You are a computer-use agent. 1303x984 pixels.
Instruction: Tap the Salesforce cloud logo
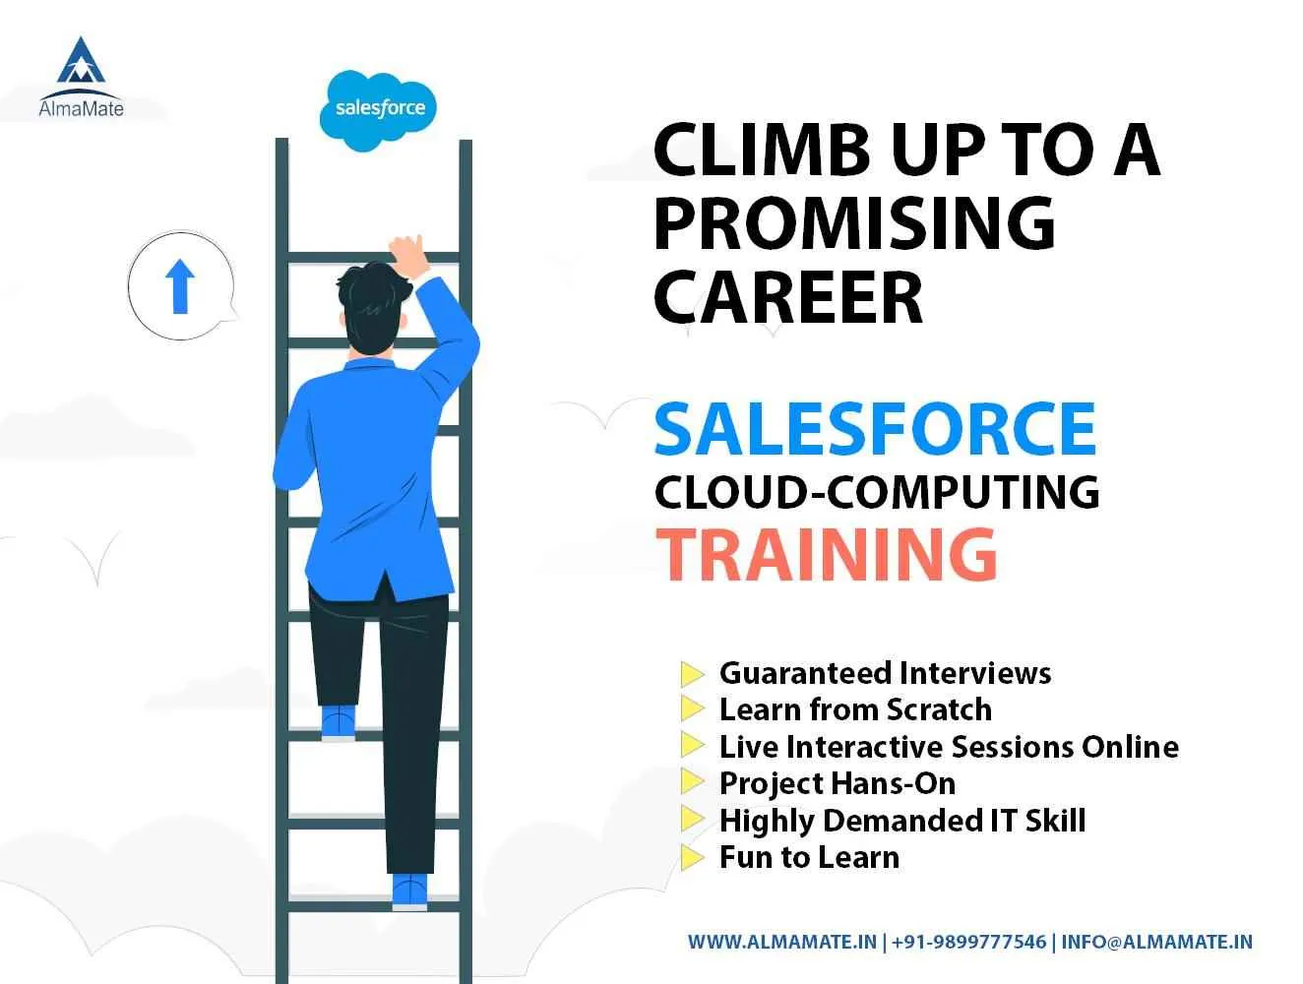coord(380,108)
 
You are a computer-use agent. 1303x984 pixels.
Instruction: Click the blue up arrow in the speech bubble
coord(179,285)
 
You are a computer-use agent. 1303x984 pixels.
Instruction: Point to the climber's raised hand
coord(406,250)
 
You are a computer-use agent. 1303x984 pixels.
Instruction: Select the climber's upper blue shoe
coord(338,720)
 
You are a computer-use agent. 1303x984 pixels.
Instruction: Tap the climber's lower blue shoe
coord(409,891)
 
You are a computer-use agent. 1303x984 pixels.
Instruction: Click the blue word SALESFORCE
coord(875,429)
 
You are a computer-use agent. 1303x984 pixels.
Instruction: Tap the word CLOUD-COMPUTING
coord(876,491)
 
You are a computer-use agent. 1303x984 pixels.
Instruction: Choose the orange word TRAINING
coord(826,553)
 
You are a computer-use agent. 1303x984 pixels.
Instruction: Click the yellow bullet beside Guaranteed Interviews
coord(693,674)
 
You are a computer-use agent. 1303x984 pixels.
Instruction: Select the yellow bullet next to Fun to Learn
coord(693,857)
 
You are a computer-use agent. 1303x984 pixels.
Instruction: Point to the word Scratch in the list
coord(939,709)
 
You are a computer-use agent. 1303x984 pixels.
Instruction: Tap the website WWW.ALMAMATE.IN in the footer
coord(781,942)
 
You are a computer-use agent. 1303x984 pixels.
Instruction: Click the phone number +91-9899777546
coord(969,942)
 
